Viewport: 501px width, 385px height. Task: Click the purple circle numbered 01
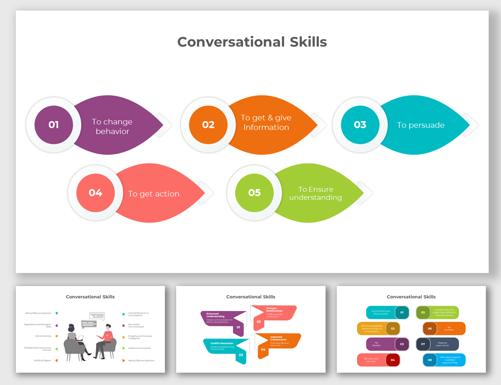coord(54,125)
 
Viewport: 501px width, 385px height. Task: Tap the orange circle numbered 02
coord(208,125)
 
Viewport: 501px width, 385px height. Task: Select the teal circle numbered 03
coord(360,125)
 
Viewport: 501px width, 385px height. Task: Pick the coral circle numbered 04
coord(95,193)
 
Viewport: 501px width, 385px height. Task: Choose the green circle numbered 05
coord(254,193)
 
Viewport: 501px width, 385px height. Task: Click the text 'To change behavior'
coord(112,126)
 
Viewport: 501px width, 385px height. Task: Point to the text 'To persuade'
coord(421,125)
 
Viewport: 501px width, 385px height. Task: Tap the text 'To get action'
coord(154,194)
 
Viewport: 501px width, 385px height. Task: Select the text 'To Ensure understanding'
coord(316,193)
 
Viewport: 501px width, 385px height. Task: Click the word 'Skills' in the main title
coord(308,42)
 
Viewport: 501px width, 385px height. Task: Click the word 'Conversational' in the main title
coord(231,42)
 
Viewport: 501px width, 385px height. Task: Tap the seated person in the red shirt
coord(105,340)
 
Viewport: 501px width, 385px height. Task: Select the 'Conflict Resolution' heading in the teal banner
coord(222,343)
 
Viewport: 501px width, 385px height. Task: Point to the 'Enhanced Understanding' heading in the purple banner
coord(215,315)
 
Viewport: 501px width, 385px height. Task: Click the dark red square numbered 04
coord(392,360)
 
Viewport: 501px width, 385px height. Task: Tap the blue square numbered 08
coord(430,360)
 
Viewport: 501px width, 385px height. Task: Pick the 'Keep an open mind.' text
coord(442,344)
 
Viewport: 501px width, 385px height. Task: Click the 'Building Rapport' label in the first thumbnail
coord(43,360)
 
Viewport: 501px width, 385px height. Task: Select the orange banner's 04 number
coord(263,349)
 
